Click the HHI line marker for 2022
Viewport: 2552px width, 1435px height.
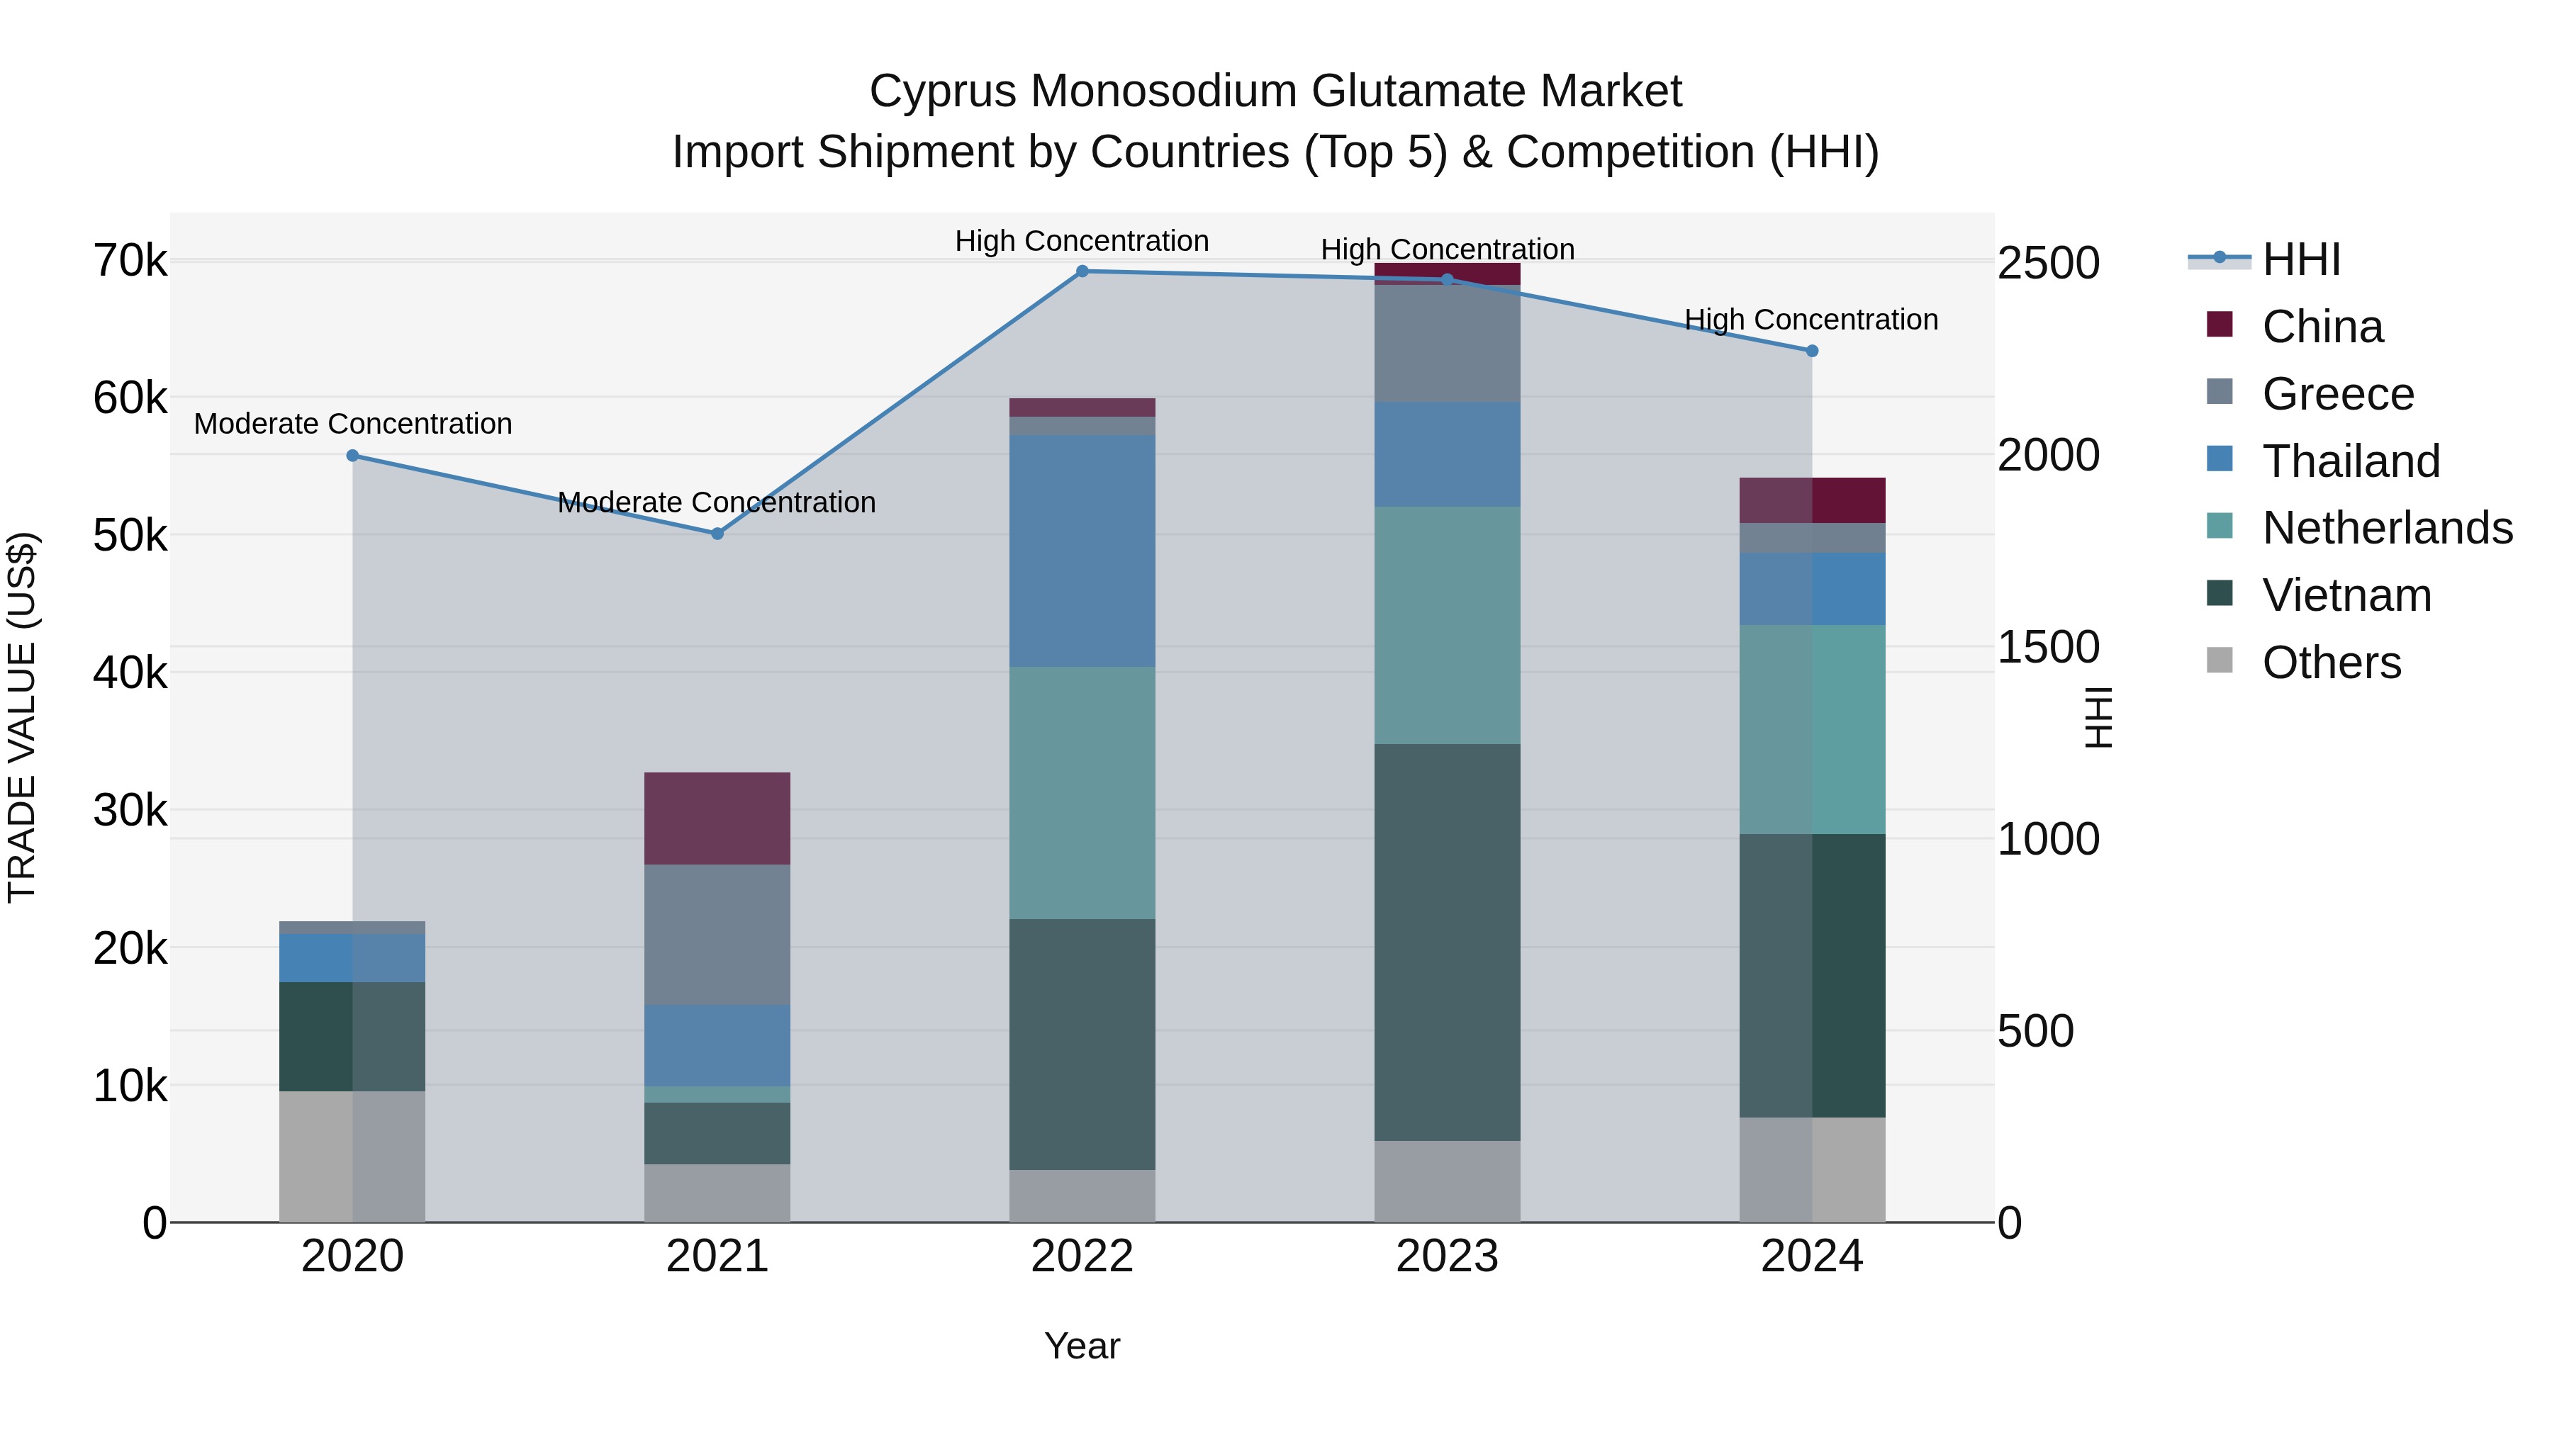[x=1082, y=271]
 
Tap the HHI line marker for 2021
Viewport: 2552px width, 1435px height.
[x=717, y=534]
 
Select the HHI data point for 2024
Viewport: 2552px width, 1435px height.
[x=1812, y=351]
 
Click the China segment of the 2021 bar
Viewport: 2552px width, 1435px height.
[x=717, y=818]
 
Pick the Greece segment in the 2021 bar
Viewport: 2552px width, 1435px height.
[x=717, y=934]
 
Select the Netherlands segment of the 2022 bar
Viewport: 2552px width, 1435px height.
[x=1082, y=792]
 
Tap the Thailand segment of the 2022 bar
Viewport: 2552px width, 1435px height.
[x=1082, y=551]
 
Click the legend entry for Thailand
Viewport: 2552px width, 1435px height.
[x=2350, y=461]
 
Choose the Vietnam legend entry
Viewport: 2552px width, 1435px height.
[x=2346, y=595]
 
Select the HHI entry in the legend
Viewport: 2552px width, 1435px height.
[x=2300, y=259]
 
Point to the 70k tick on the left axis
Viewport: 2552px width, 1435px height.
[x=130, y=261]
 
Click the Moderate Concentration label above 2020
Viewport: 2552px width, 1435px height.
[x=353, y=424]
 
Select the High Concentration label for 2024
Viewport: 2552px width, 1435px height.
[x=1811, y=320]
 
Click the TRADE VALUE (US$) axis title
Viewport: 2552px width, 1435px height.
[x=22, y=718]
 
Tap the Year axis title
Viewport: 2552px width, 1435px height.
[x=1082, y=1346]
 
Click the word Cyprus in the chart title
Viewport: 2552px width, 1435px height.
[x=942, y=91]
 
